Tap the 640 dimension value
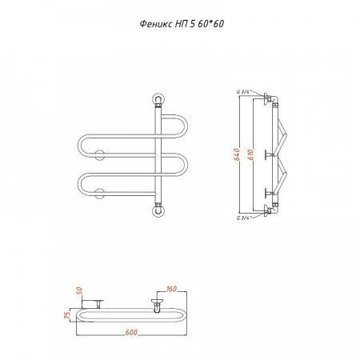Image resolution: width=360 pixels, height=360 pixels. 237,154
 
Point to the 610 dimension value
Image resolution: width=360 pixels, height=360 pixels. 250,154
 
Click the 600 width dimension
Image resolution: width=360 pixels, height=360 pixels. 131,332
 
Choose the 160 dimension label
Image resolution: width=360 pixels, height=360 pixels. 171,289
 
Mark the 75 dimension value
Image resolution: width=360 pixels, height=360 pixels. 68,315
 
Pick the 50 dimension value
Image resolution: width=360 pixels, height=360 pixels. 80,290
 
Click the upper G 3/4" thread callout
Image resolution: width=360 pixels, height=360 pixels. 243,92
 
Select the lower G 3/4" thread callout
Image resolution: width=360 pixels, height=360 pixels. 243,218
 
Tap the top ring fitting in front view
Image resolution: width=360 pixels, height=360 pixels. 158,99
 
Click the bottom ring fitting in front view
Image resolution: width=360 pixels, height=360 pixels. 158,210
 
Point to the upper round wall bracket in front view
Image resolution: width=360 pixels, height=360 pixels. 100,155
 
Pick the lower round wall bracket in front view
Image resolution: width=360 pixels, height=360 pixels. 100,194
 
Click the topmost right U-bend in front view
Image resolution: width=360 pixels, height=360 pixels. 186,126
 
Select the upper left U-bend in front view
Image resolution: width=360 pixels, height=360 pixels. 80,146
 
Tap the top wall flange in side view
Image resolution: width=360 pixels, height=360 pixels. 266,99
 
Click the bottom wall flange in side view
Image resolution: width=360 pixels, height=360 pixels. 266,210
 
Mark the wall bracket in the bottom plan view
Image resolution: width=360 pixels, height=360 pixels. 93,303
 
